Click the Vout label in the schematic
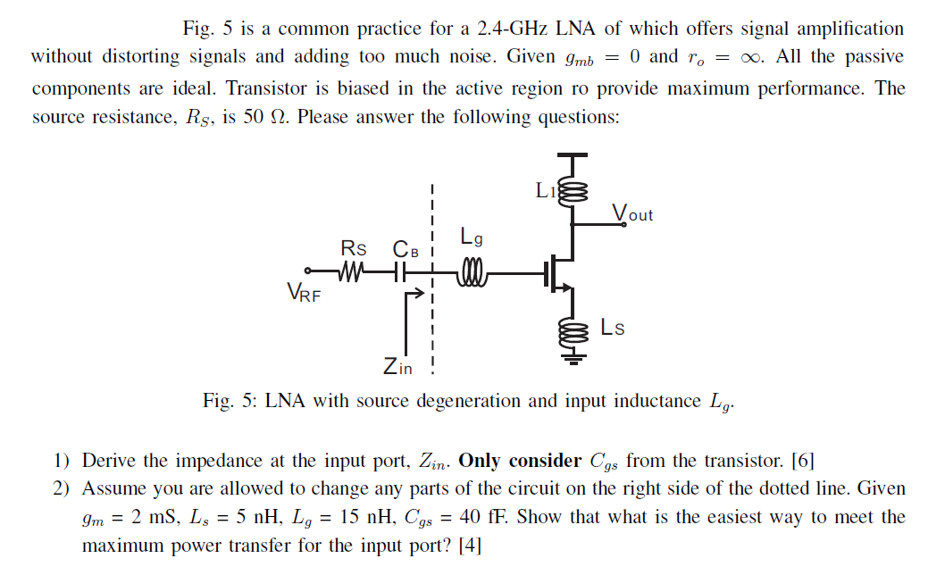pos(632,214)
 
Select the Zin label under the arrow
pos(397,366)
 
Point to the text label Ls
pos(613,327)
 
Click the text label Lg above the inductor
pos(472,237)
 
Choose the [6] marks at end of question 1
pos(803,461)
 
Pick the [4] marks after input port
pos(469,545)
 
